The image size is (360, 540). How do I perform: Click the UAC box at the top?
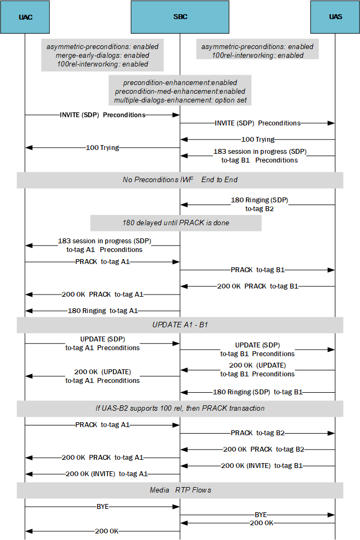point(25,17)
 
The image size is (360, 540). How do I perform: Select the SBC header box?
point(180,17)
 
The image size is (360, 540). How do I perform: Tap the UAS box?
point(335,17)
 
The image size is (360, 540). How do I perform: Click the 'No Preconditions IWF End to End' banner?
point(180,179)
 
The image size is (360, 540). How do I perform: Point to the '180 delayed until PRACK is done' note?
point(176,223)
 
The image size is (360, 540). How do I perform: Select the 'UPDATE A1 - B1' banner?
point(180,325)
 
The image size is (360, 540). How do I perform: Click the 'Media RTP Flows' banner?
point(180,490)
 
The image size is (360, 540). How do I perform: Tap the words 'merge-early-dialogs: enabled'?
point(102,55)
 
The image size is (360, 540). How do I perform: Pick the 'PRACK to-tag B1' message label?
point(257,270)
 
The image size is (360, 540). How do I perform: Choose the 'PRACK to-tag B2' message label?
point(257,433)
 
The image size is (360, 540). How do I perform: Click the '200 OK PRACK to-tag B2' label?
point(263,449)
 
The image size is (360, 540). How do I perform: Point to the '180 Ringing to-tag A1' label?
point(103,311)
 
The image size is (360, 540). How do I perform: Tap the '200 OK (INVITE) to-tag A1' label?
point(106,474)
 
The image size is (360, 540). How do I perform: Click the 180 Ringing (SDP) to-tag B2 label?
point(259,204)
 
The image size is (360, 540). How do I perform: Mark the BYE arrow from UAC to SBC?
point(103,506)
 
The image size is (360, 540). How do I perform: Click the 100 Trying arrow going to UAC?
point(103,147)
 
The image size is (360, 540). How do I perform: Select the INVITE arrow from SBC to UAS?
point(257,123)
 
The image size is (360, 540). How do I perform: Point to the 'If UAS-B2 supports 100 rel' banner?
point(180,408)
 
